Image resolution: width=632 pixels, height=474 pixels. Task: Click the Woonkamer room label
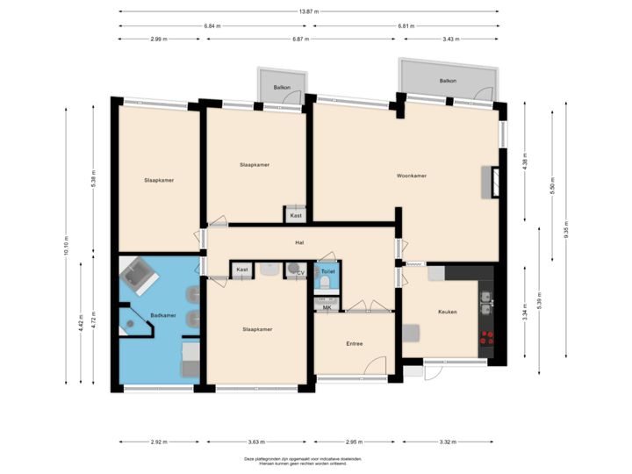pyautogui.click(x=411, y=176)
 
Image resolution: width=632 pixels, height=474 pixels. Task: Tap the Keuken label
pyautogui.click(x=449, y=313)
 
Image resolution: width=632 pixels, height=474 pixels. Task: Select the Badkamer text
pyautogui.click(x=162, y=315)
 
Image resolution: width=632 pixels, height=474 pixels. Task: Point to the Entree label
pyautogui.click(x=354, y=343)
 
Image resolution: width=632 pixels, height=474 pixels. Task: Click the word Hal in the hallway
pyautogui.click(x=299, y=243)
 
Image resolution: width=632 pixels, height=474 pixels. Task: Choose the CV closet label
pyautogui.click(x=300, y=273)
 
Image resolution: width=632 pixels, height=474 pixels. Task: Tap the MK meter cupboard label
pyautogui.click(x=327, y=307)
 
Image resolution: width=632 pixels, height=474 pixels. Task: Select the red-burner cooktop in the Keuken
pyautogui.click(x=485, y=337)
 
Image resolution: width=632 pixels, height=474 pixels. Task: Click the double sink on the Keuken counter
pyautogui.click(x=485, y=304)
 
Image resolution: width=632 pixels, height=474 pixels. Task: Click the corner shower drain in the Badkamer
pyautogui.click(x=131, y=325)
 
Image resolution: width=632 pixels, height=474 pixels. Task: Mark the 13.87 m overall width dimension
pyautogui.click(x=309, y=11)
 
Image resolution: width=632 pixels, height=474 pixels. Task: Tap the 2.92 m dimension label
pyautogui.click(x=159, y=442)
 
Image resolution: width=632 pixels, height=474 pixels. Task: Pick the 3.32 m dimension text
pyautogui.click(x=447, y=442)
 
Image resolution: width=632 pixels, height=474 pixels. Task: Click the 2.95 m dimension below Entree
pyautogui.click(x=353, y=442)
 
